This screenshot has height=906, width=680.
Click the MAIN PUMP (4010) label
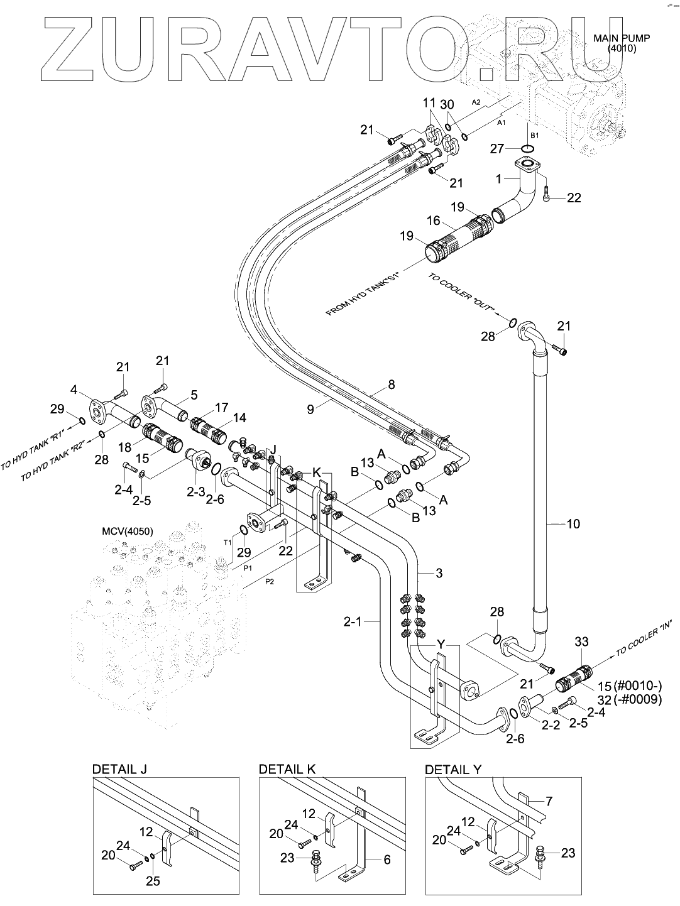(x=622, y=42)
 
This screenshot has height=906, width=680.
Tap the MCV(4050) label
(x=127, y=531)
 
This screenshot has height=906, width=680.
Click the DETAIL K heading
(x=287, y=769)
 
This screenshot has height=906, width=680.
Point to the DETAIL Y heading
(x=453, y=769)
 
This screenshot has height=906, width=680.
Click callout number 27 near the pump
(x=497, y=149)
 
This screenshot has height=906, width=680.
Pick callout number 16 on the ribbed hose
(x=433, y=221)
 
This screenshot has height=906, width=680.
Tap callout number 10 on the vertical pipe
(x=573, y=523)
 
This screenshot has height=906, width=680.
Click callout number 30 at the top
(x=447, y=104)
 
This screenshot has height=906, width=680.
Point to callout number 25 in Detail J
(x=152, y=881)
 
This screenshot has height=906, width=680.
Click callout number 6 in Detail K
(x=387, y=860)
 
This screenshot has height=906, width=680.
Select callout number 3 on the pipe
(x=439, y=572)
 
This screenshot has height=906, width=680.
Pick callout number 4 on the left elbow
(x=74, y=390)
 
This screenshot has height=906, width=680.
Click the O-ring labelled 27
(x=529, y=149)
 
